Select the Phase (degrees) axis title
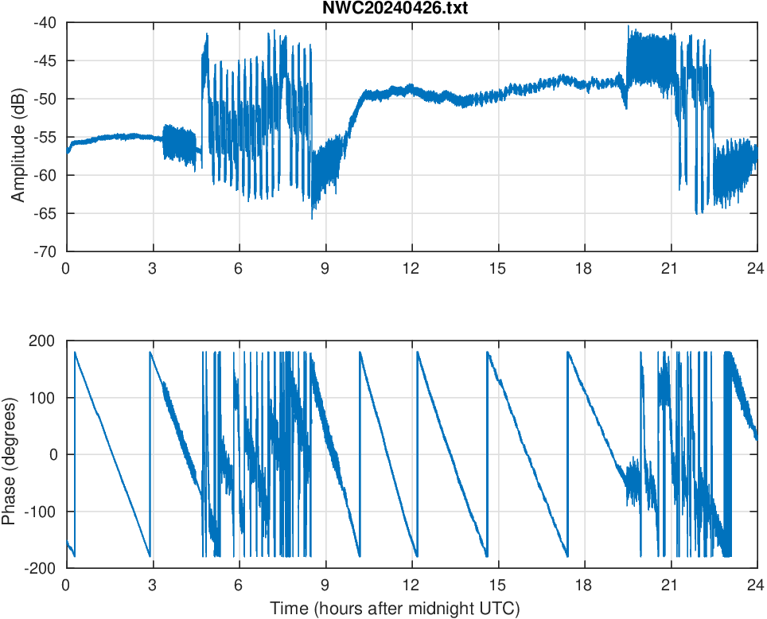click(x=9, y=454)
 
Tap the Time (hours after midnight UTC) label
click(x=395, y=609)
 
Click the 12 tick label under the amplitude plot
click(x=411, y=268)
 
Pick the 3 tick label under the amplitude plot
click(x=152, y=268)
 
